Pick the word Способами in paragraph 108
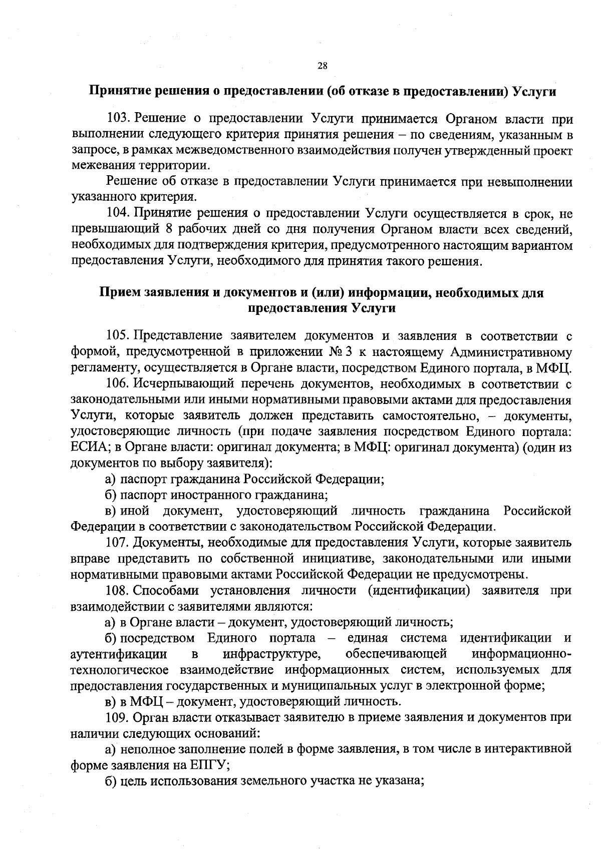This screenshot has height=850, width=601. pos(165,590)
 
